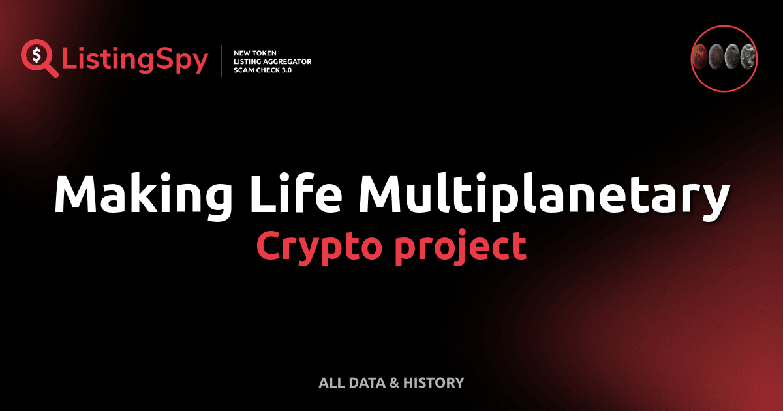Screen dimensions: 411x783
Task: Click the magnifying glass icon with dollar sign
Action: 38,57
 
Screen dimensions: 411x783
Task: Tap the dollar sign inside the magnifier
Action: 35,53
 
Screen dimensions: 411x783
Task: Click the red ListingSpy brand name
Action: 135,60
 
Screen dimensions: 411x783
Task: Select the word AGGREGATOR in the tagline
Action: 288,61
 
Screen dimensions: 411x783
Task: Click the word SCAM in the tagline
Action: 245,70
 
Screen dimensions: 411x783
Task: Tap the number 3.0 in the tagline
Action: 284,70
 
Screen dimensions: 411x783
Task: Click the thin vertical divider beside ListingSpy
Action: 222,61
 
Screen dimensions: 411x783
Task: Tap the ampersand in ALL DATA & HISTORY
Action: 393,383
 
